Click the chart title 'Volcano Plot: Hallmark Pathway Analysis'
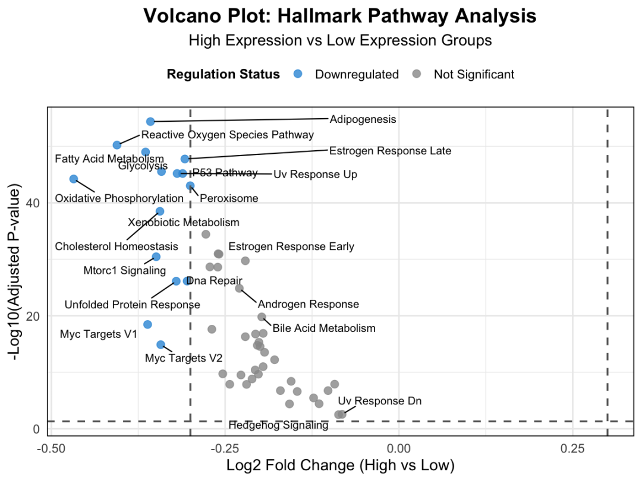[340, 16]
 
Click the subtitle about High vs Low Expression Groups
[340, 40]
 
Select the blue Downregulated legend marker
[298, 74]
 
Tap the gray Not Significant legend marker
[417, 74]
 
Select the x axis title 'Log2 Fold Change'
[340, 464]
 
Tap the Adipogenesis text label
[363, 119]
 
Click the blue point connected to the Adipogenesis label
[150, 121]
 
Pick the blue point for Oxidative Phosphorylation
[74, 179]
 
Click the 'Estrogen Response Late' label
[390, 151]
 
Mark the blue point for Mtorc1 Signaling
[156, 257]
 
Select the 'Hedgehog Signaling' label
[278, 425]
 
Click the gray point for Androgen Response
[239, 288]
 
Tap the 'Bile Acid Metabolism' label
[324, 328]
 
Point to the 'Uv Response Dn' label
[379, 401]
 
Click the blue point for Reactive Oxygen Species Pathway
[117, 145]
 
